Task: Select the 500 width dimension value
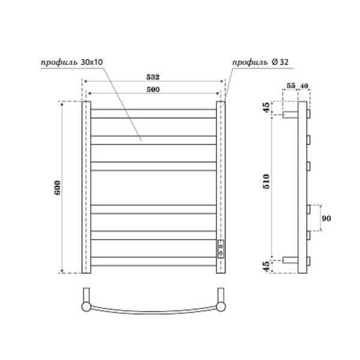coord(154,89)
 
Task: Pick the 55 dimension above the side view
coord(291,86)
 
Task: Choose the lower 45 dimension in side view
coord(267,265)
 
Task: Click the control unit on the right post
coord(221,248)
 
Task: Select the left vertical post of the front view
coord(86,187)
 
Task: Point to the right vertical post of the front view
coord(221,180)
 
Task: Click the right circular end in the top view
coord(221,307)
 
